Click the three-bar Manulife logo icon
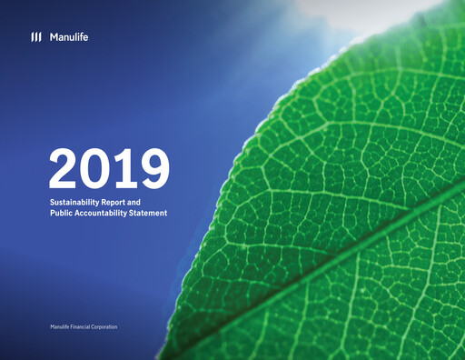click(35, 37)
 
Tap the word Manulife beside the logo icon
click(68, 37)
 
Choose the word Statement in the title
click(153, 212)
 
